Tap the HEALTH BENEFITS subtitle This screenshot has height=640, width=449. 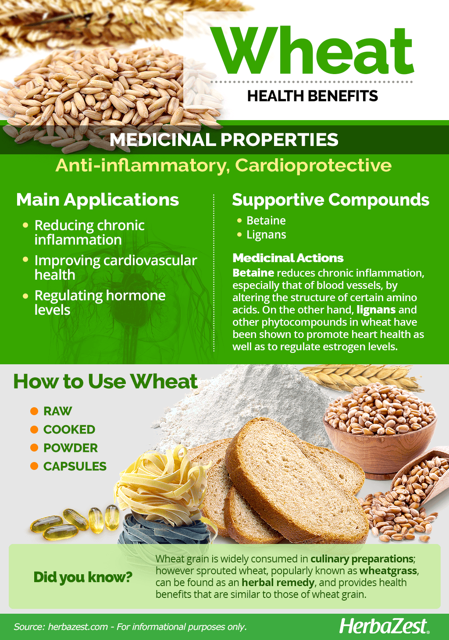coord(312,96)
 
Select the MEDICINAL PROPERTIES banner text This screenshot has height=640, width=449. coord(224,140)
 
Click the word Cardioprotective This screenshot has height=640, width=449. coord(313,166)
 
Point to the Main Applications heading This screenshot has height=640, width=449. coord(97,200)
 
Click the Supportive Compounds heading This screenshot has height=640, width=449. coord(330,200)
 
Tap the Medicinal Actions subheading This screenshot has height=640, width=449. coord(288,258)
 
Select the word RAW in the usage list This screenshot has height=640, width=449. coord(57,412)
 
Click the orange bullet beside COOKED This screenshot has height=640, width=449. coord(34,430)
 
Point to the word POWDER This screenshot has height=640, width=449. coord(70,448)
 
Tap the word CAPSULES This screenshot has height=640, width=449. coord(75,466)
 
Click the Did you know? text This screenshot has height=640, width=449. coord(83,576)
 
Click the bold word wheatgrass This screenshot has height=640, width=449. coord(388,571)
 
